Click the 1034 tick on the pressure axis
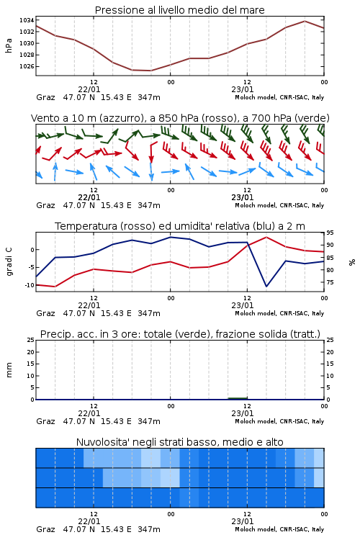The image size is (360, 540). pos(27,20)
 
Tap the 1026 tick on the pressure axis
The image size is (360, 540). pos(27,66)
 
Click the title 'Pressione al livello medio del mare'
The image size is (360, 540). pos(180,10)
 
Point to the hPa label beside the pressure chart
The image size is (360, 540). pos(9,45)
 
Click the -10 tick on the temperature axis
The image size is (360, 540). pos(30,285)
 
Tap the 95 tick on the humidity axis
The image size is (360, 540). pos(330,233)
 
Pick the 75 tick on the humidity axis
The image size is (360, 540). pos(330,282)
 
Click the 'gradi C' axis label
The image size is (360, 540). pos(9,261)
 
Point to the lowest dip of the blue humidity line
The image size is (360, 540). pos(266,286)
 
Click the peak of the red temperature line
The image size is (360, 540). pos(266,237)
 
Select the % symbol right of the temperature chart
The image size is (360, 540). pos(352,262)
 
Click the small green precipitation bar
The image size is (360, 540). pos(238,398)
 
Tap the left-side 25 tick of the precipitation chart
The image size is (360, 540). pos(31,340)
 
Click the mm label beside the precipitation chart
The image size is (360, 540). pos(9,370)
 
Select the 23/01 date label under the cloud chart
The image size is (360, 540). pos(242,521)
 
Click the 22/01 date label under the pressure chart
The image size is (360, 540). pos(89,89)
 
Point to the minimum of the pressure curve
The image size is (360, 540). pos(150,71)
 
